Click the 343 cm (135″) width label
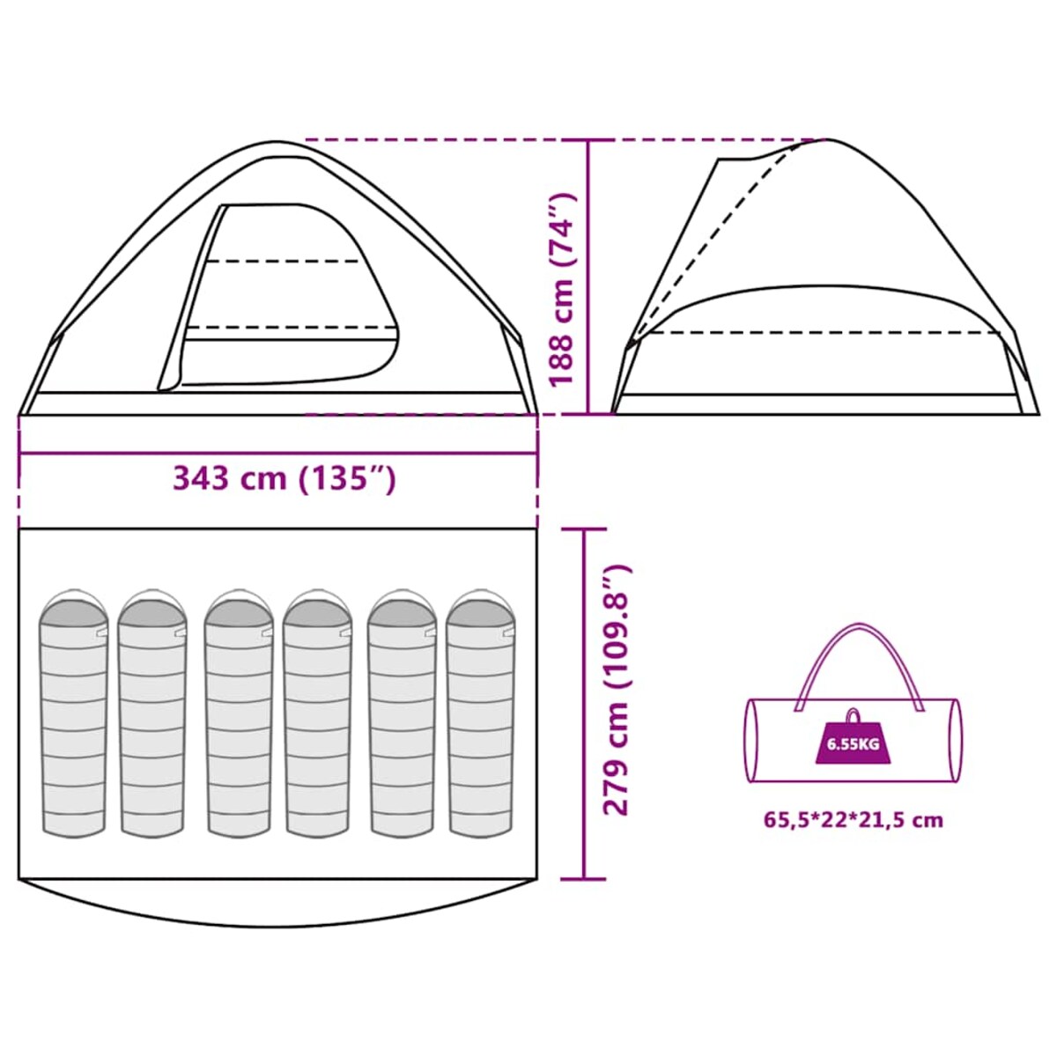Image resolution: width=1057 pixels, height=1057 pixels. [x=285, y=479]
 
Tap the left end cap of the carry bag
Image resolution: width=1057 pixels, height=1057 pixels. [x=751, y=741]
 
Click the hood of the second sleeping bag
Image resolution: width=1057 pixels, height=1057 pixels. [x=152, y=608]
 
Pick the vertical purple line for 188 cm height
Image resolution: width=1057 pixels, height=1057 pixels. [x=588, y=277]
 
